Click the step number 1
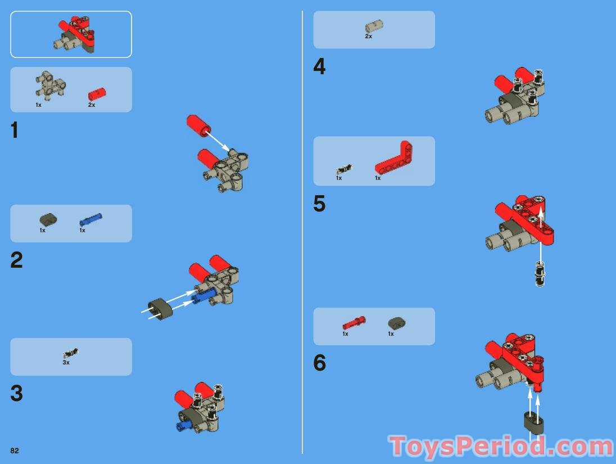click(15, 130)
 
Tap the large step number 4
click(319, 66)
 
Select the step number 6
click(319, 363)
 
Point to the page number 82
click(15, 451)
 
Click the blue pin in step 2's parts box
click(90, 219)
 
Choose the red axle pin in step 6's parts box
click(354, 323)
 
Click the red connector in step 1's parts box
click(97, 94)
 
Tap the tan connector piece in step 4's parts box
click(374, 26)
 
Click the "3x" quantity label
click(66, 363)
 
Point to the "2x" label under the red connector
click(92, 105)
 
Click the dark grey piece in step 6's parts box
click(397, 323)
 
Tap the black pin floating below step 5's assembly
click(540, 274)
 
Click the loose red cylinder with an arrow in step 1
click(198, 125)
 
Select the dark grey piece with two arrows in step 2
click(160, 309)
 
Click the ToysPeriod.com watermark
click(501, 447)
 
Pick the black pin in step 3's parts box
click(71, 353)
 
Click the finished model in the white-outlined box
click(75, 35)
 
